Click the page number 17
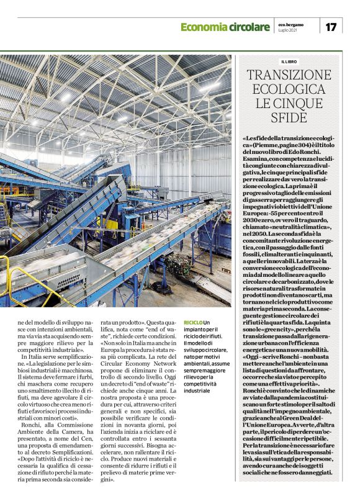click(331, 27)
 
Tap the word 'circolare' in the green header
click(246, 27)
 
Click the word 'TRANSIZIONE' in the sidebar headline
click(290, 75)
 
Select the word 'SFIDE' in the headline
click(290, 117)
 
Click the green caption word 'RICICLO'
click(193, 323)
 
